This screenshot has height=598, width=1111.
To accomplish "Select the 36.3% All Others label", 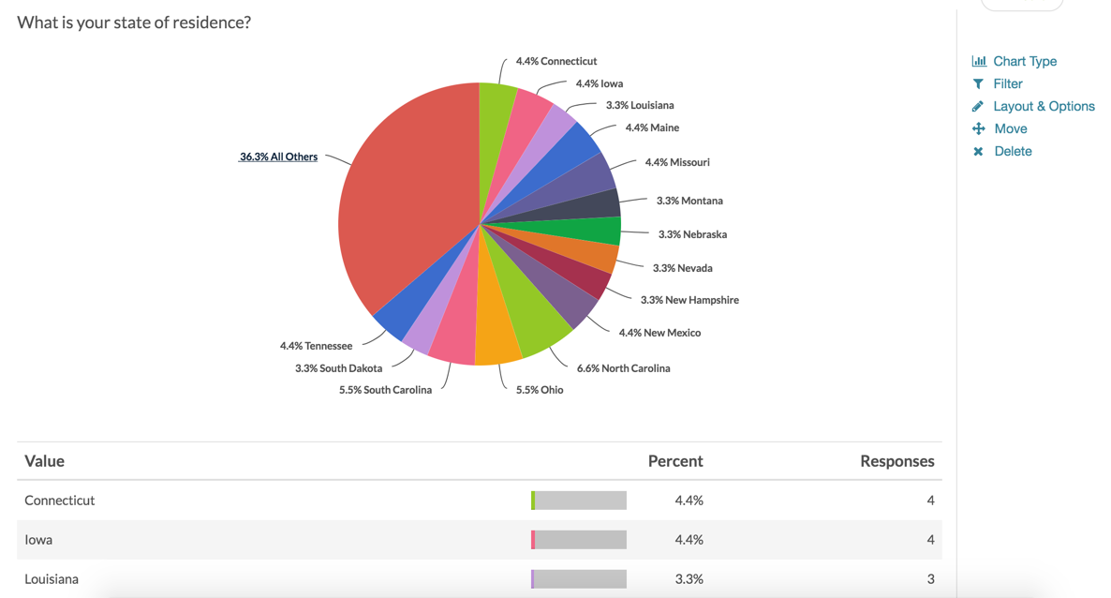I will [x=278, y=157].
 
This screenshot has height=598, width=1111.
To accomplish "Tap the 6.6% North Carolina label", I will [x=623, y=368].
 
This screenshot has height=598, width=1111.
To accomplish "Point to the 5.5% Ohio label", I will [x=540, y=390].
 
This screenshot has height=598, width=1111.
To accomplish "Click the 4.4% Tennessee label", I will [x=316, y=346].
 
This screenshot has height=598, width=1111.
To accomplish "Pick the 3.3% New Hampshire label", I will [x=689, y=300].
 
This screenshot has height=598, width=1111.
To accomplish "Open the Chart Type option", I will [x=1024, y=61].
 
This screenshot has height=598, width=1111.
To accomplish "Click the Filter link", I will [x=1007, y=83].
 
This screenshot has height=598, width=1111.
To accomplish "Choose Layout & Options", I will [x=1044, y=106].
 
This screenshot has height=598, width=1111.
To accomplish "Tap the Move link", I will [x=1010, y=128].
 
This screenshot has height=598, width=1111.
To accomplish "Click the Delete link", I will [x=1013, y=151].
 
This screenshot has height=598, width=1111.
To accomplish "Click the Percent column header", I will [x=674, y=461].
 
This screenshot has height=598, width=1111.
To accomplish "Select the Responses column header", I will [x=896, y=461].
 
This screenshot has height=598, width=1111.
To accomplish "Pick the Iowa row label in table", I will [x=38, y=540].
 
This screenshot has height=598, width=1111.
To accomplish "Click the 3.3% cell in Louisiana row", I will [x=689, y=579].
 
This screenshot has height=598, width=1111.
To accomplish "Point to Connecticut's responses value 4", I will [x=930, y=501].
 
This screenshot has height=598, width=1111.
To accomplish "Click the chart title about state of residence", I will [x=134, y=22].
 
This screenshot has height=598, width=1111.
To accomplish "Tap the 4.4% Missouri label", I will [x=676, y=162].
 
